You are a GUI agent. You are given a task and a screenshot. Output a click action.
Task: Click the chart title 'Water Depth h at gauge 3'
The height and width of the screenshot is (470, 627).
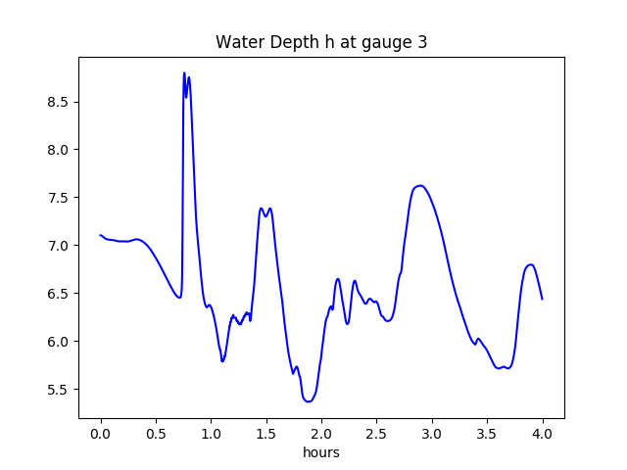(321, 42)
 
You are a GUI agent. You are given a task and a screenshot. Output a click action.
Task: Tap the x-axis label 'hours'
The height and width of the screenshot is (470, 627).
(321, 452)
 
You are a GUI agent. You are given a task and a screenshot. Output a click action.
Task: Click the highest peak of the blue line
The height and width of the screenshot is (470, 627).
(184, 73)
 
